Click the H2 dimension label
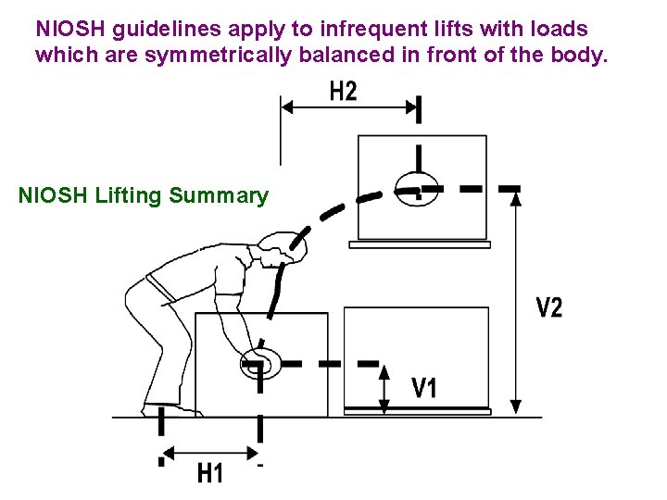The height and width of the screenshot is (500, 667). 343,92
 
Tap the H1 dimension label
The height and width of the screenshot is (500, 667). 211,473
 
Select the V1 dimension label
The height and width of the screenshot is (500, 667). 425,388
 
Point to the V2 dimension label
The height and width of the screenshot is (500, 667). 548,307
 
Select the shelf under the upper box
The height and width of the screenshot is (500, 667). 420,244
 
